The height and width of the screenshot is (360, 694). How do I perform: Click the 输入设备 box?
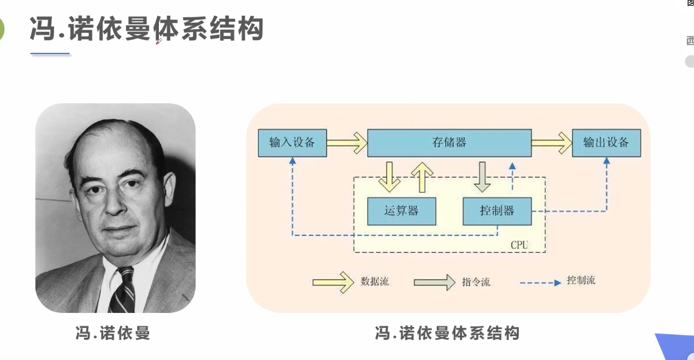[x=292, y=143]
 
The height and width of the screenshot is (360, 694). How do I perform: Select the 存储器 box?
[x=449, y=143]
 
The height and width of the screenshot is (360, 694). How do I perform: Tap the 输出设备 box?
[x=606, y=143]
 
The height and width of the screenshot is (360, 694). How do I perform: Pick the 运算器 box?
[x=401, y=211]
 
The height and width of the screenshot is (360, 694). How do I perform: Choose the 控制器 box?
[x=497, y=211]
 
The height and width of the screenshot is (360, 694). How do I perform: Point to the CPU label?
[x=519, y=245]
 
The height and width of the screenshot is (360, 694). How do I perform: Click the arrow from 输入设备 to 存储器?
[x=346, y=143]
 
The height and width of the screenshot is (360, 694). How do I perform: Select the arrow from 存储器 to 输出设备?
[x=551, y=143]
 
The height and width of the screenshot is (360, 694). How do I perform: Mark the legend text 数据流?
[x=375, y=282]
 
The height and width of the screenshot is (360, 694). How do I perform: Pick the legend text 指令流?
[x=476, y=282]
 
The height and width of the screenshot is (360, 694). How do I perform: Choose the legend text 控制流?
[x=581, y=281]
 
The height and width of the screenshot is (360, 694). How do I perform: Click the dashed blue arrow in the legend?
[x=540, y=282]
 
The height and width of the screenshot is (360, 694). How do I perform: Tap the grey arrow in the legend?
[x=435, y=282]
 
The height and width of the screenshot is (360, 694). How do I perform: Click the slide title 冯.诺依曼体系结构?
[x=146, y=29]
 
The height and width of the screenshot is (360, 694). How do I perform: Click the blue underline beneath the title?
[x=50, y=54]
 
